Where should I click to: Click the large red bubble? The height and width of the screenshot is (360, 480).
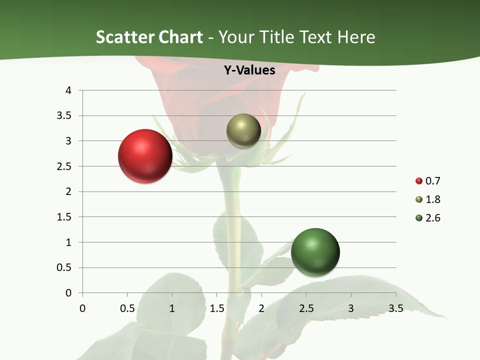[x=145, y=156]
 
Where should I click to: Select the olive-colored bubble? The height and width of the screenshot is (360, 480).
[x=243, y=131]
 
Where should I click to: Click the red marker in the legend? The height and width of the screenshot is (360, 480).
[x=419, y=181]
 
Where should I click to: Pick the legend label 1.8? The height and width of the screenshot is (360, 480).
[x=432, y=199]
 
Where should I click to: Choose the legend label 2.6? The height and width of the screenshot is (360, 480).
[x=432, y=218]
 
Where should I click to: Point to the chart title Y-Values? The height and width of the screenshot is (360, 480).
[x=249, y=70]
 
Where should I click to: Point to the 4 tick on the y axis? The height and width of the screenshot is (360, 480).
[x=69, y=90]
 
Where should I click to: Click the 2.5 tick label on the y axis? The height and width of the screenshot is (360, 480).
[x=64, y=166]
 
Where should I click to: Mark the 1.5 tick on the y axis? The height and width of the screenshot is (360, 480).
[x=64, y=217]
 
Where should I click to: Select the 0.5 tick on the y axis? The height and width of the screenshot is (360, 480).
[x=64, y=267]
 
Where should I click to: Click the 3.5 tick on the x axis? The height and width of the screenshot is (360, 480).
[x=395, y=308]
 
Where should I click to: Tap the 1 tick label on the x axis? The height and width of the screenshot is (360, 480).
[x=172, y=308]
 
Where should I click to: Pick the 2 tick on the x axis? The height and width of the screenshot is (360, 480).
[x=261, y=308]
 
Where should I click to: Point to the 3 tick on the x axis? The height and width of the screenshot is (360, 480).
[x=351, y=308]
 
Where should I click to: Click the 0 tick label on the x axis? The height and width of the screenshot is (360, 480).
[x=82, y=308]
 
